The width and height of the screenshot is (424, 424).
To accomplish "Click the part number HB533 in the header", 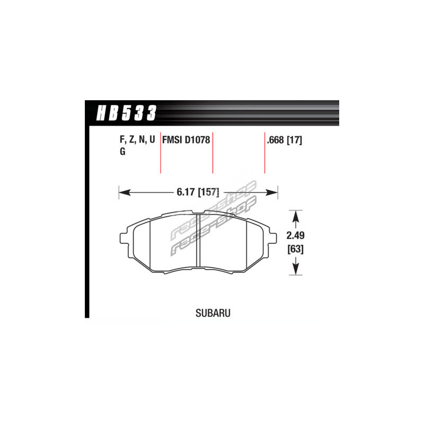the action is [126, 113].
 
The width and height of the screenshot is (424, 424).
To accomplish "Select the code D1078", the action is [197, 140].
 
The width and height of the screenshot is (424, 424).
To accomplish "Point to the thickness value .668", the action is [275, 140].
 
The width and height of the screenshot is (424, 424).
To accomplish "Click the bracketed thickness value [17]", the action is [294, 140].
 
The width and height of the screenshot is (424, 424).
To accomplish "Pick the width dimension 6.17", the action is [186, 192].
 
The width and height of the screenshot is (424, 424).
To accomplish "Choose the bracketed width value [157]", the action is [208, 192].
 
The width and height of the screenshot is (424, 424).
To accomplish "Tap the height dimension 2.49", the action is [296, 235].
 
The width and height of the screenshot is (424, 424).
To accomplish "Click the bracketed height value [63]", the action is [296, 249].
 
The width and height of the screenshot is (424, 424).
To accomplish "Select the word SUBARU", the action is [213, 313].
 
